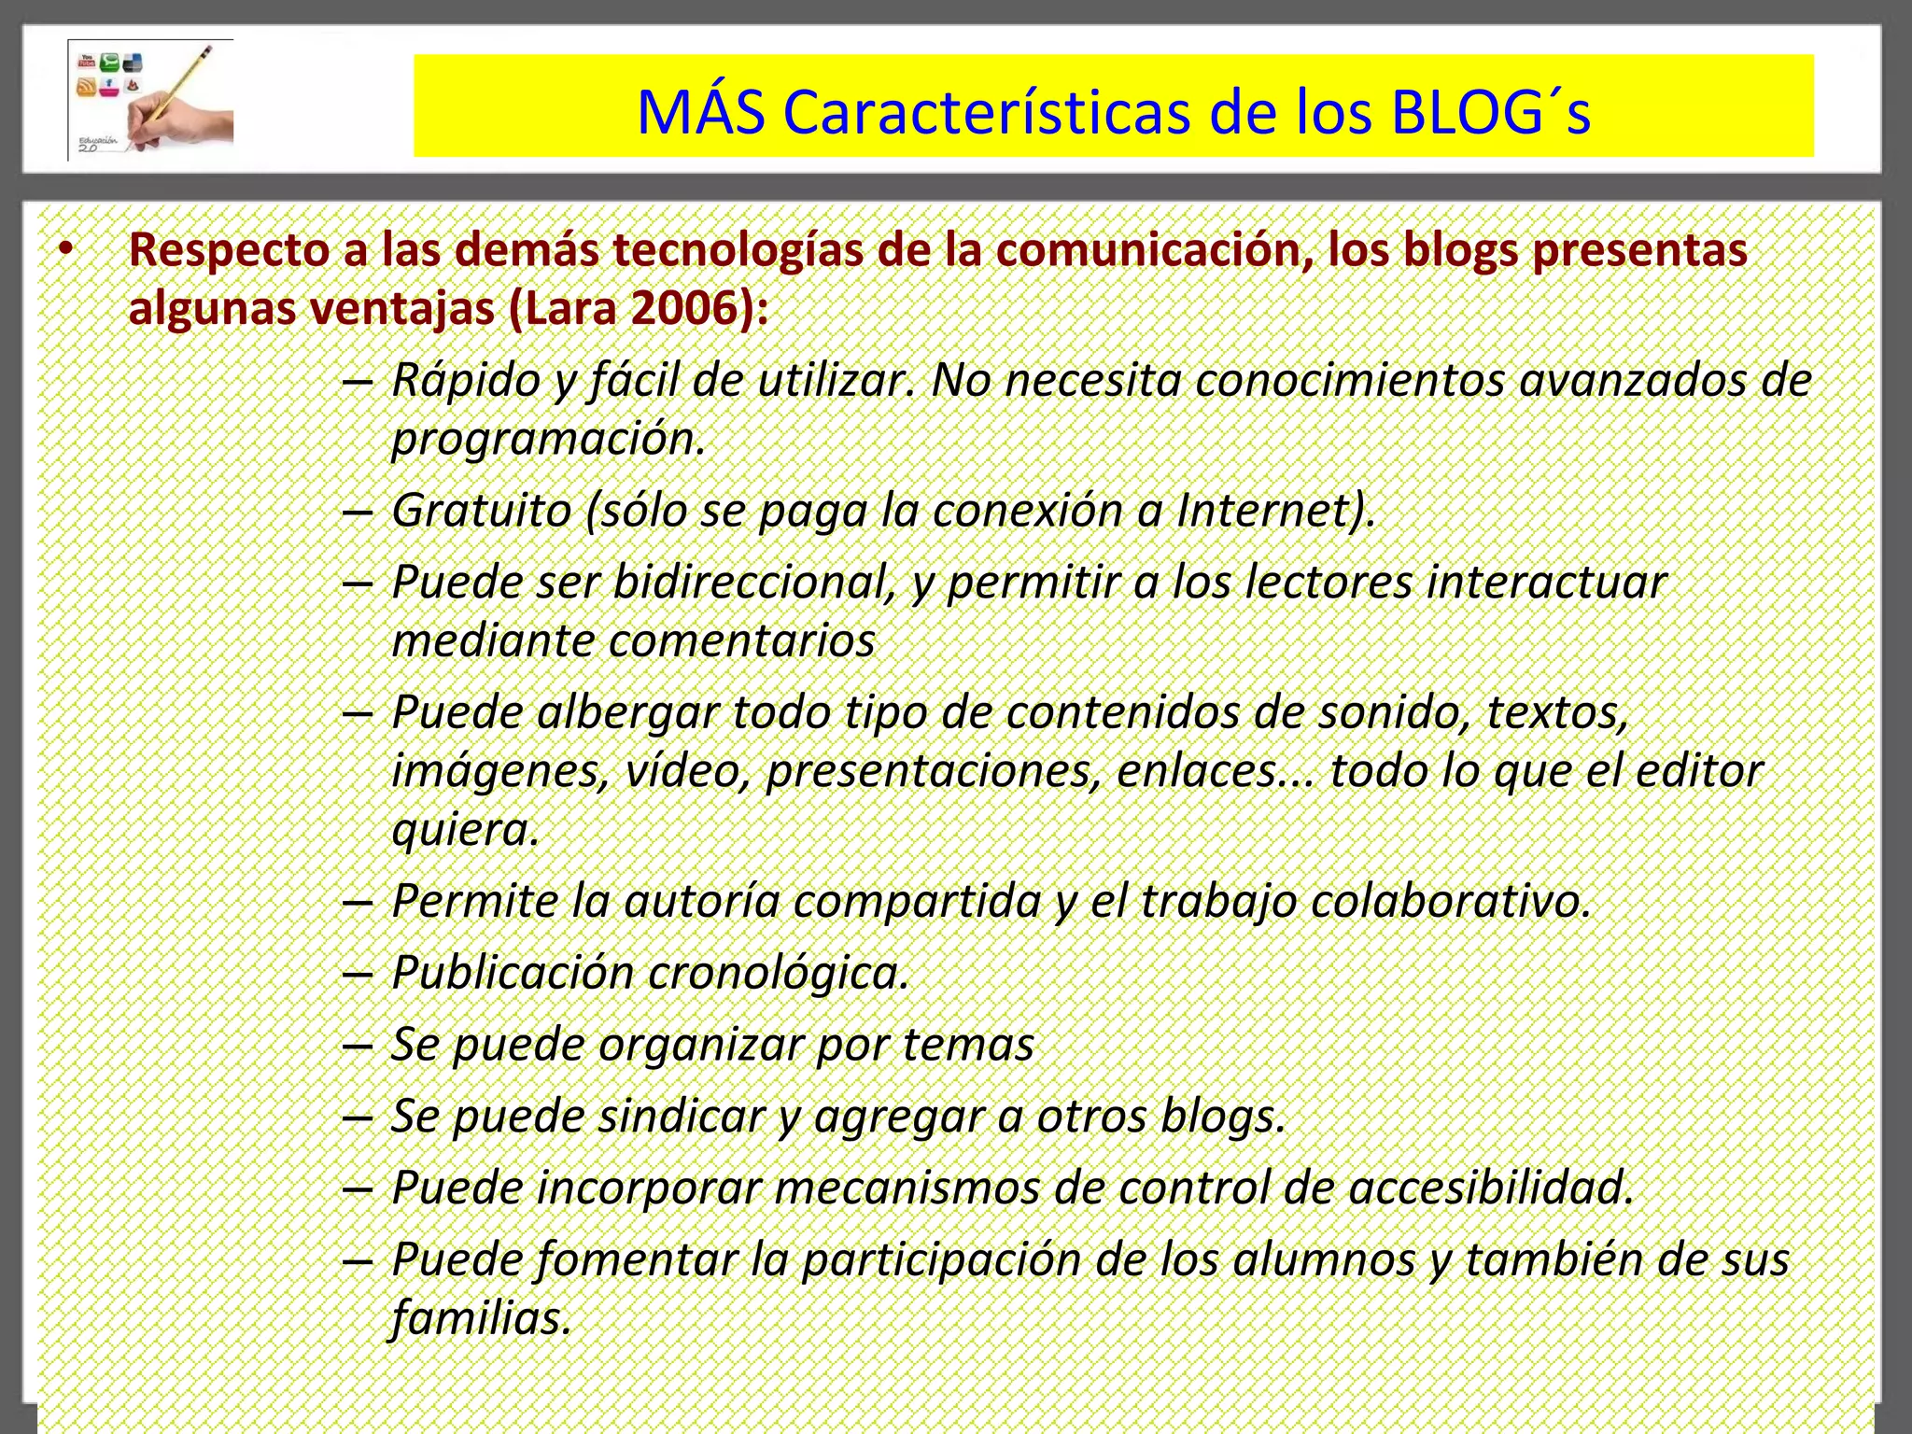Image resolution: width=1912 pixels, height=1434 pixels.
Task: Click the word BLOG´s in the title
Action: pyautogui.click(x=1490, y=112)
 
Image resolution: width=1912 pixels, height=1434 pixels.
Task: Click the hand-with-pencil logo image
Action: pyautogui.click(x=151, y=100)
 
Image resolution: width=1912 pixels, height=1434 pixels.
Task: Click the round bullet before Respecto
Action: pyautogui.click(x=64, y=250)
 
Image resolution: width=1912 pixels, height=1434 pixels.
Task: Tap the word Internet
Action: pyautogui.click(x=1275, y=511)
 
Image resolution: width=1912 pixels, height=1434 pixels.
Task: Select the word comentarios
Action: pyautogui.click(x=742, y=641)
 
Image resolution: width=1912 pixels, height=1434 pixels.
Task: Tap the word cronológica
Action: pyautogui.click(x=778, y=973)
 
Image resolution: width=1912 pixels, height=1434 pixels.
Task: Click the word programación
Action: pyautogui.click(x=548, y=439)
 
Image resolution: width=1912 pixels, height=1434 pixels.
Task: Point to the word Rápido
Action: pyautogui.click(x=466, y=380)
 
